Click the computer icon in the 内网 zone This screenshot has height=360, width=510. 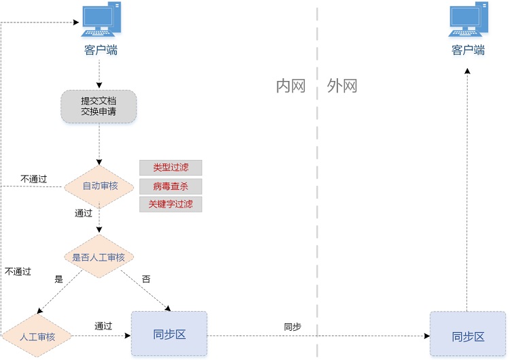click(101, 20)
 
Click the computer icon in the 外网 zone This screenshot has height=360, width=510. click(469, 20)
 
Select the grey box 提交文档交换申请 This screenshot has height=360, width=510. click(99, 107)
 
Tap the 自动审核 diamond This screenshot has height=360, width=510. click(99, 186)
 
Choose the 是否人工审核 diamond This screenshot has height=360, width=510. click(99, 257)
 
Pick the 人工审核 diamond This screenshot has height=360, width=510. click(37, 336)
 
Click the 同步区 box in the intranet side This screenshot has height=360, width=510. click(169, 334)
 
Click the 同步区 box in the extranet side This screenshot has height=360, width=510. click(468, 336)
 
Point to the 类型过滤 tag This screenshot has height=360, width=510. click(171, 167)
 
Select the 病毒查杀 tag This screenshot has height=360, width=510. click(171, 186)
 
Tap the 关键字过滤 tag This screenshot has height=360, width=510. click(171, 204)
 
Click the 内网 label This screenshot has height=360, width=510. click(290, 86)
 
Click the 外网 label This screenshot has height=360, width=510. click(342, 86)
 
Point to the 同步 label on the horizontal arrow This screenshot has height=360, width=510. click(292, 327)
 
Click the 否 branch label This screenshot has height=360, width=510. click(146, 278)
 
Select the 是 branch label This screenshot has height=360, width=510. click(58, 278)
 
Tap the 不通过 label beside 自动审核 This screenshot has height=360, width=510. click(33, 179)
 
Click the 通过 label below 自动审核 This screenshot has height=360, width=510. click(83, 213)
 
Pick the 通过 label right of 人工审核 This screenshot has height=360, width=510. click(103, 326)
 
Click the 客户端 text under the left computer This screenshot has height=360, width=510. click(101, 50)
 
